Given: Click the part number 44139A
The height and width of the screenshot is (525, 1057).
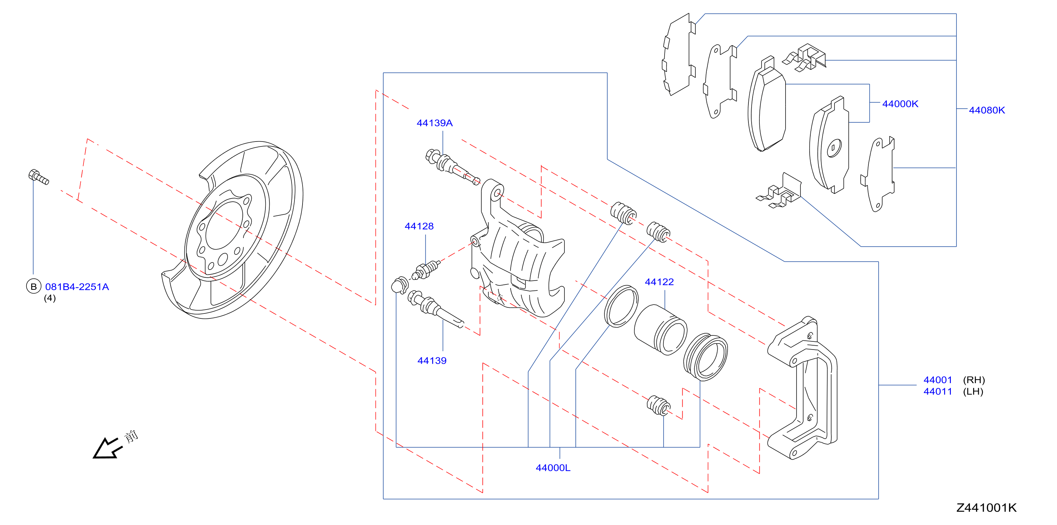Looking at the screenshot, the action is click(x=434, y=123).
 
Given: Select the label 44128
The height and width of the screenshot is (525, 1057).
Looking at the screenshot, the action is click(x=419, y=226).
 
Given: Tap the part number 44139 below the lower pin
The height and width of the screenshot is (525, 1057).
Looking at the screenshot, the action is click(x=432, y=360).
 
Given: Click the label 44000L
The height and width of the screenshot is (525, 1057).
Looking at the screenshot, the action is click(x=553, y=468).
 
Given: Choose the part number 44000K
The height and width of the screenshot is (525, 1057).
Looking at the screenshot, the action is click(x=900, y=104).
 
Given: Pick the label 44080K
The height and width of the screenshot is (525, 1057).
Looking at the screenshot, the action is click(x=987, y=110).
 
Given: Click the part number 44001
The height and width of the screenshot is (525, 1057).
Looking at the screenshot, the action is click(x=938, y=380).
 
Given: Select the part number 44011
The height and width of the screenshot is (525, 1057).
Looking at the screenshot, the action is click(x=938, y=391).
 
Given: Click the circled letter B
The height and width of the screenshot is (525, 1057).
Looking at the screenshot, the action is click(x=34, y=286).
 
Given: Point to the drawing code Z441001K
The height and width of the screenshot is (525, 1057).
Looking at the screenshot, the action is click(x=987, y=508).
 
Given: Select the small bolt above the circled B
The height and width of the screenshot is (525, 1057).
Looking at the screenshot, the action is click(x=39, y=177).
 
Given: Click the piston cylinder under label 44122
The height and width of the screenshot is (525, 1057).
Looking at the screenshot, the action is click(x=660, y=329).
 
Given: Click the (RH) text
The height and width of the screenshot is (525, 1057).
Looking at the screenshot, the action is click(x=974, y=380).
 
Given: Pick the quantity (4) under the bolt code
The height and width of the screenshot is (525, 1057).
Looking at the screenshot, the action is click(x=50, y=298).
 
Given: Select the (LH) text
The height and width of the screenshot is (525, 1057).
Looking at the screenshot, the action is click(x=973, y=391).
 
